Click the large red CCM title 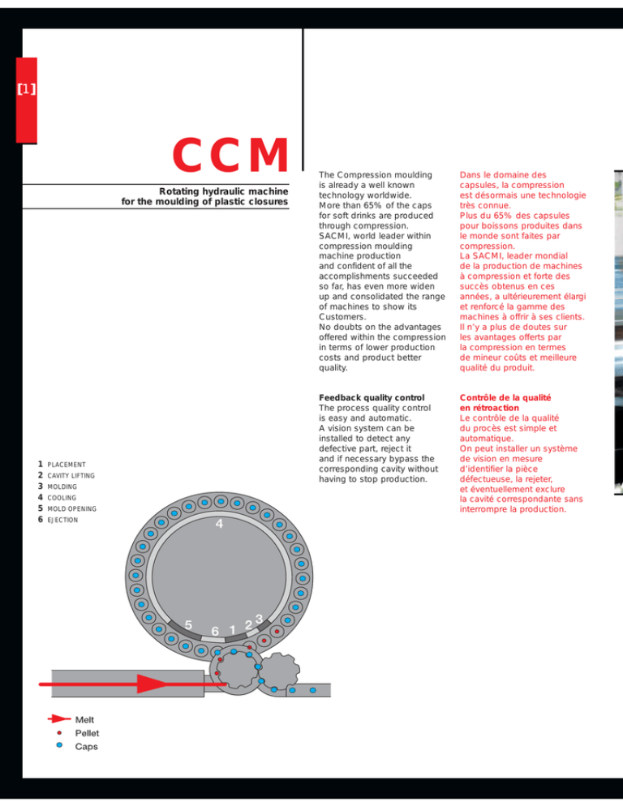230,155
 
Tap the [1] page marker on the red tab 26,89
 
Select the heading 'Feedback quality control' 372,397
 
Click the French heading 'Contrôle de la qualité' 505,397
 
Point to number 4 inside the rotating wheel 219,524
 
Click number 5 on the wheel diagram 188,625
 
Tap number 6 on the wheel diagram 215,631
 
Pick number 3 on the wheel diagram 259,619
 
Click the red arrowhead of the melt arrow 153,684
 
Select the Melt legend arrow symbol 59,718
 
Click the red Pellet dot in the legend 59,732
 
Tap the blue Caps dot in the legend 59,745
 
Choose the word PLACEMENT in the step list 67,465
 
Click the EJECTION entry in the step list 62,521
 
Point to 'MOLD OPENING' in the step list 71,509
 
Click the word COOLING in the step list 62,498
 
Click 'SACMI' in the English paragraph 334,236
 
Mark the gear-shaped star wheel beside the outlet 278,671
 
